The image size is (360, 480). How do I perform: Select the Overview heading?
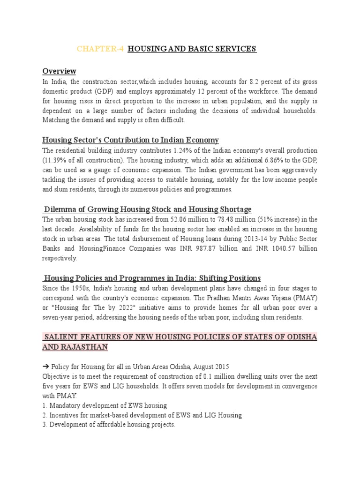pyautogui.click(x=59, y=71)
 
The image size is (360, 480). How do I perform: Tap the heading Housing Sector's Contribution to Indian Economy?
pyautogui.click(x=130, y=140)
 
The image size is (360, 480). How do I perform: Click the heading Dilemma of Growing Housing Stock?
pyautogui.click(x=148, y=209)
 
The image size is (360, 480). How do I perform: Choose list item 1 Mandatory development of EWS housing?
pyautogui.click(x=105, y=405)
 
